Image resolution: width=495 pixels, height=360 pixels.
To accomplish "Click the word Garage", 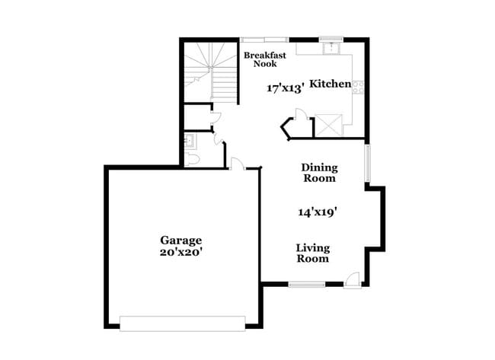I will (x=180, y=240).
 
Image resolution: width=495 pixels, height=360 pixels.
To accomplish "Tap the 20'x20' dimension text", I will (x=180, y=252).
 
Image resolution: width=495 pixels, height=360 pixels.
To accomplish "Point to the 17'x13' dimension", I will (x=286, y=88).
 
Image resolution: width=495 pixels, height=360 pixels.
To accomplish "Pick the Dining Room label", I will (x=319, y=173).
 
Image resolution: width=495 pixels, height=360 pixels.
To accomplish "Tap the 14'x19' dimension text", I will (x=318, y=213).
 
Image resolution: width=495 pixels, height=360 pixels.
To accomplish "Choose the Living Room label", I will (x=312, y=253).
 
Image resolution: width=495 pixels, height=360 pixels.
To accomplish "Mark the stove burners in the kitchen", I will (x=358, y=85).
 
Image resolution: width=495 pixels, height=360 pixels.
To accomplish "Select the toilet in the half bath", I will (x=191, y=158).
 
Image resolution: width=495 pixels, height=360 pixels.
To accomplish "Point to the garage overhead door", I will (x=183, y=323).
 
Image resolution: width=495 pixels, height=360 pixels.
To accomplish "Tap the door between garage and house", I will (x=236, y=163).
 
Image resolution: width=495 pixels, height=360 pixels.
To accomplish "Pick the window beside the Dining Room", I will (x=367, y=164).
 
